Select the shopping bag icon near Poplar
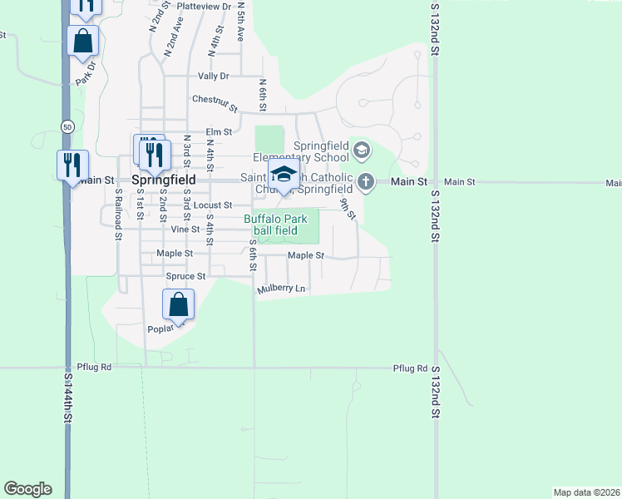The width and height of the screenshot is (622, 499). (179, 305)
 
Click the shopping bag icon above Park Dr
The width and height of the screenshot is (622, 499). (83, 41)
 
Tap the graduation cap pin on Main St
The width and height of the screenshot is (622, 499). (284, 175)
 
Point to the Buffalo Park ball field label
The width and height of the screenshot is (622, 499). (275, 225)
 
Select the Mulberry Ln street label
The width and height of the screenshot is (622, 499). (283, 289)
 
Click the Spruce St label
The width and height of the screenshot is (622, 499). (185, 276)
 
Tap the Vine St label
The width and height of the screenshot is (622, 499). (185, 229)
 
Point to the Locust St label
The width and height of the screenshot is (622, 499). (212, 205)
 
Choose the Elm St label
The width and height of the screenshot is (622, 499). (218, 131)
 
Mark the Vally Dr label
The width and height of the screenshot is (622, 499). (213, 76)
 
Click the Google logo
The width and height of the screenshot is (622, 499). (27, 489)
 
